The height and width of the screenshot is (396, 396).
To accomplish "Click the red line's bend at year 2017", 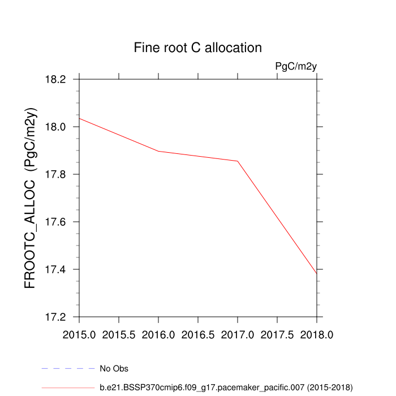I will coord(238,161).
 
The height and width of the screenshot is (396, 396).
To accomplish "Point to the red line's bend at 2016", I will coord(158,151).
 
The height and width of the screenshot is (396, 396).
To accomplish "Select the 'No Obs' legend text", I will coord(114,369).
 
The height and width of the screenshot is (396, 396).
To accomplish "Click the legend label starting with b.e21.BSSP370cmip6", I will coord(226,388).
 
